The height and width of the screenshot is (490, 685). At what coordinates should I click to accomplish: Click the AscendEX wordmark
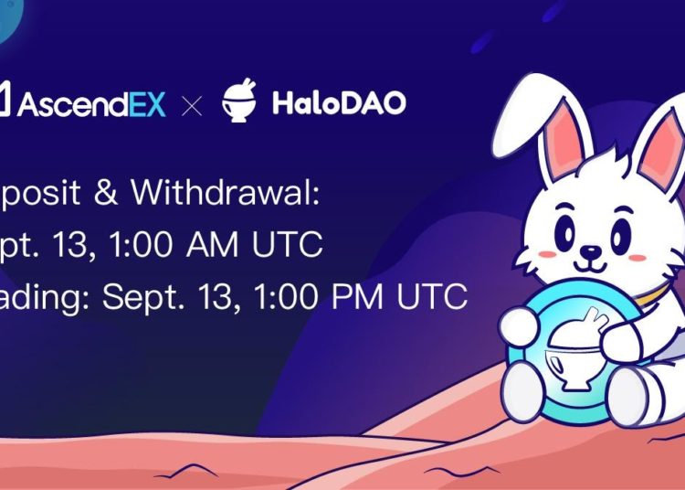tap(88, 103)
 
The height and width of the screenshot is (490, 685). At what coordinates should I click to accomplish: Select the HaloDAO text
tap(339, 103)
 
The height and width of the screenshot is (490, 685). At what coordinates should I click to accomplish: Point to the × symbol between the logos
tap(192, 105)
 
